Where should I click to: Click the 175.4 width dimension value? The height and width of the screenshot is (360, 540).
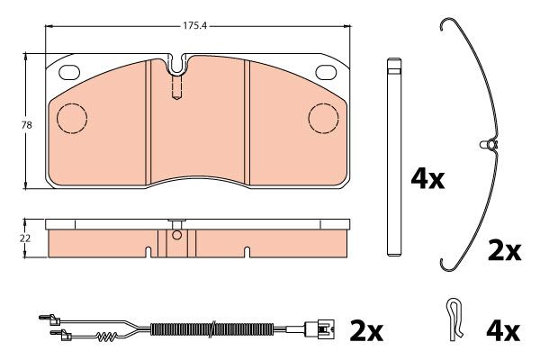(x=194, y=25)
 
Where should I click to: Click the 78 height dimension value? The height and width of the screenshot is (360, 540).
(x=26, y=125)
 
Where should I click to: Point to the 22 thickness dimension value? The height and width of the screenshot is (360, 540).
(x=25, y=238)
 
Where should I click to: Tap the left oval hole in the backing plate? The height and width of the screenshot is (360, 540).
(x=69, y=72)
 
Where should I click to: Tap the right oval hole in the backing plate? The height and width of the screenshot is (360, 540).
(x=326, y=72)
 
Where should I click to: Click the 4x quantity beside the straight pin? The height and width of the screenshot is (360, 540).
(x=427, y=179)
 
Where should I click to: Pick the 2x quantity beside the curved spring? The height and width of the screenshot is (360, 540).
(x=505, y=251)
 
